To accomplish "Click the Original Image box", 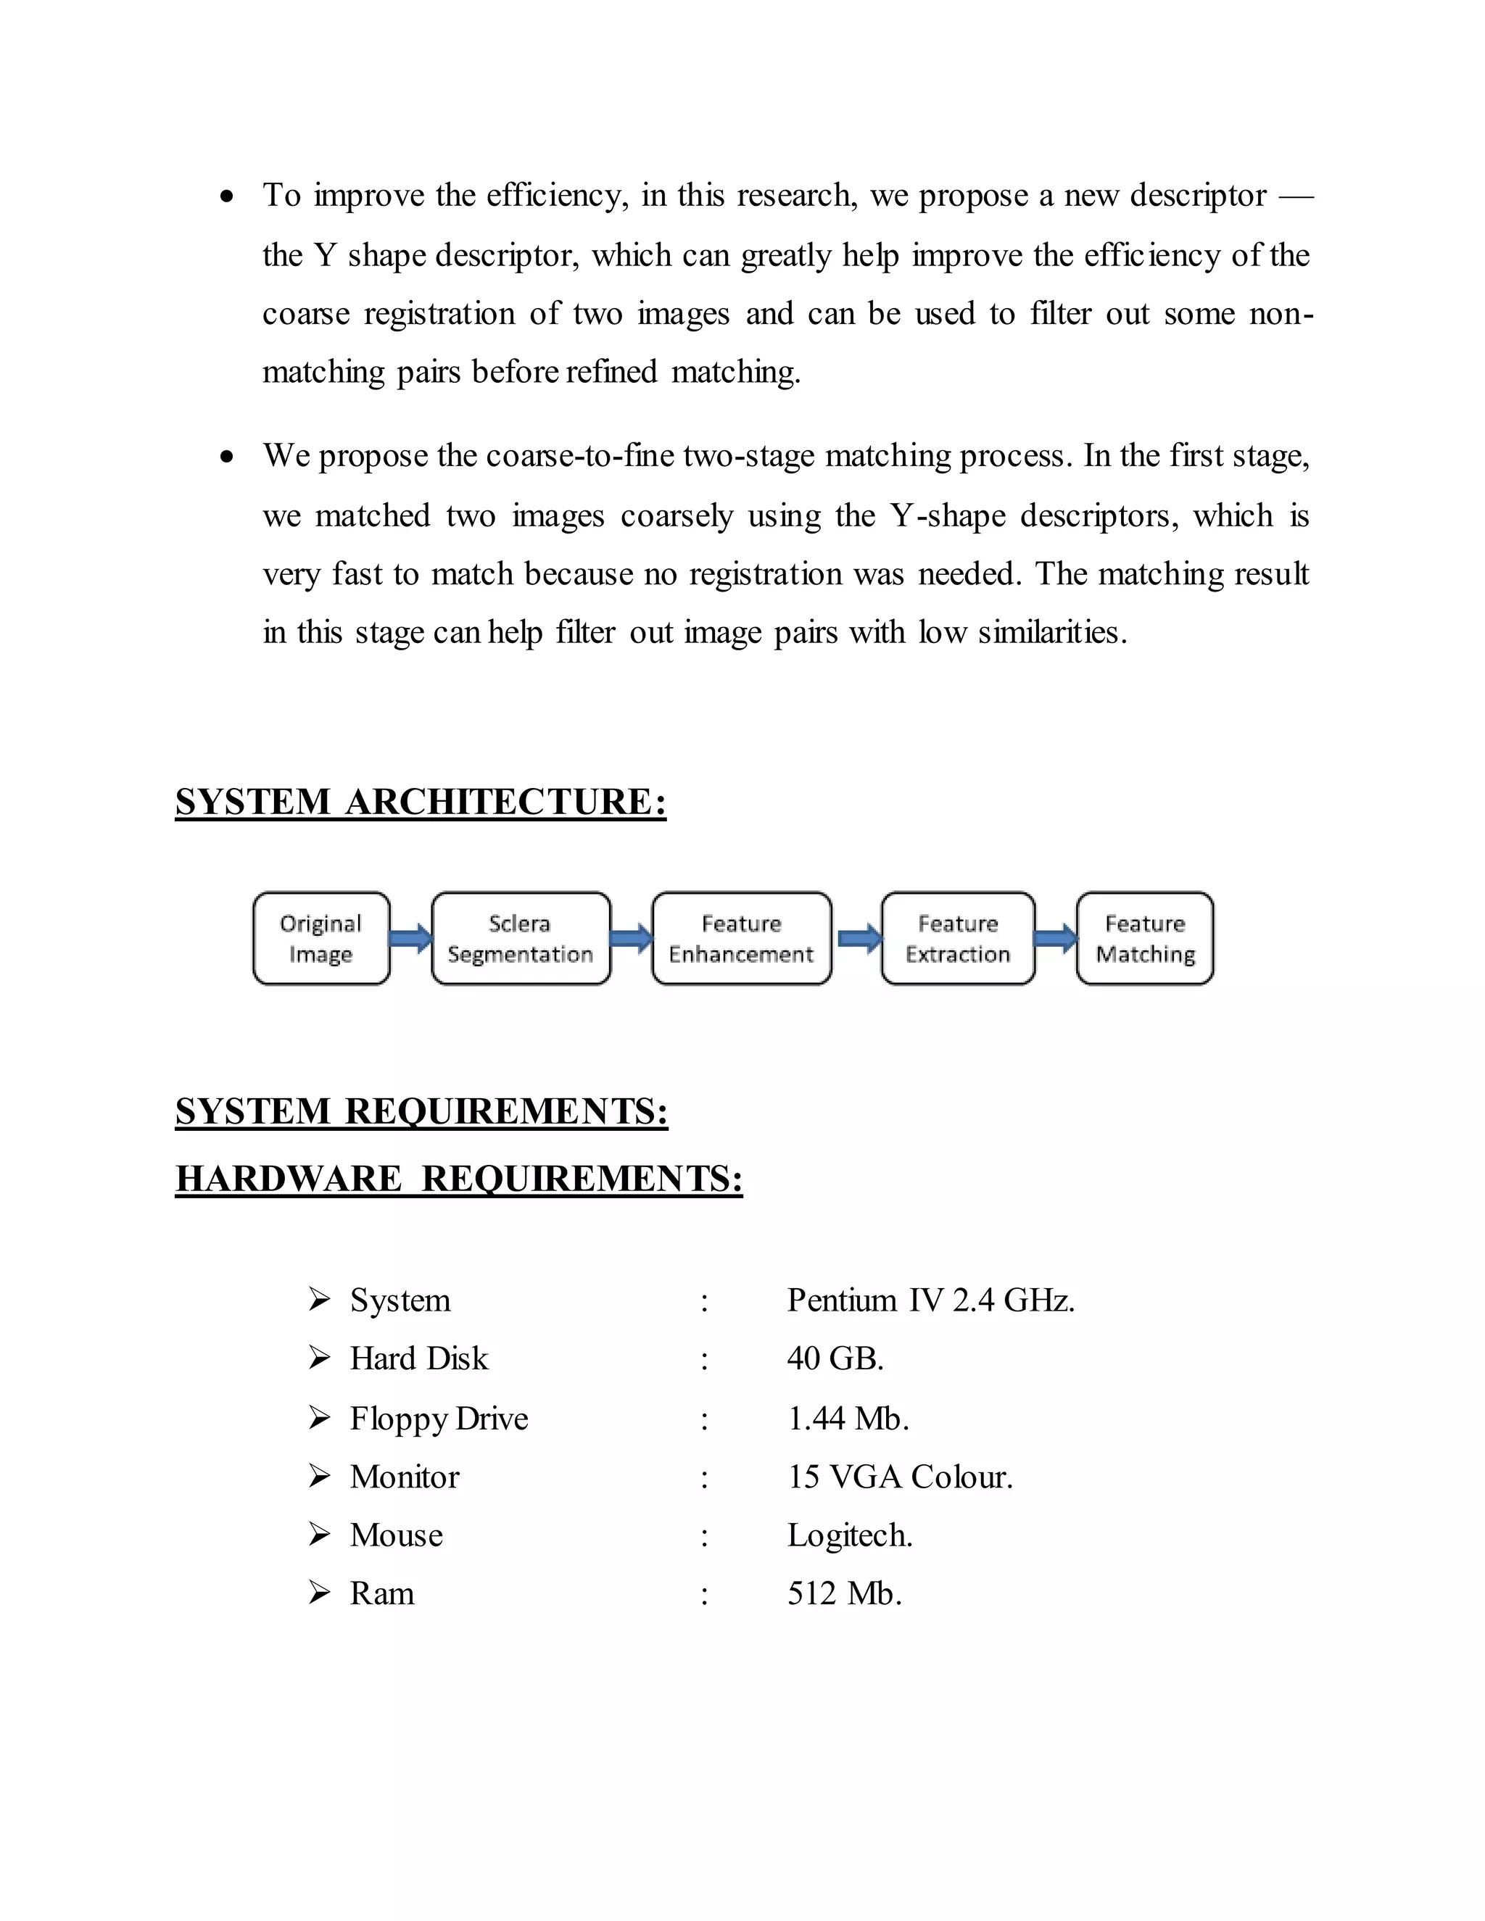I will click(321, 939).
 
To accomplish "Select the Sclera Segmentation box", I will click(521, 939).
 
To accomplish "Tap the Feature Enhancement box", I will click(742, 939).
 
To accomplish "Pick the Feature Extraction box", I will click(958, 939).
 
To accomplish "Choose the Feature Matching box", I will click(1144, 939).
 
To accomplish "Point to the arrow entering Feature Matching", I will click(1056, 939).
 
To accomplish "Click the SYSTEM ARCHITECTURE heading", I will click(421, 802).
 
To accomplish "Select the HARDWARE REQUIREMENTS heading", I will click(458, 1179).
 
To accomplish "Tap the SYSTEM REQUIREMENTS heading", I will click(421, 1112).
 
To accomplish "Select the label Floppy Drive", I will click(439, 1418).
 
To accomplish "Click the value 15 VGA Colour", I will click(900, 1477).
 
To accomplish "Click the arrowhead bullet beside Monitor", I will click(319, 1476).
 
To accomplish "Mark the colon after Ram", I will click(705, 1596).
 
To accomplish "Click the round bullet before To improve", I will click(228, 196).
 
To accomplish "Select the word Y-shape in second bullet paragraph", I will click(948, 515).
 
